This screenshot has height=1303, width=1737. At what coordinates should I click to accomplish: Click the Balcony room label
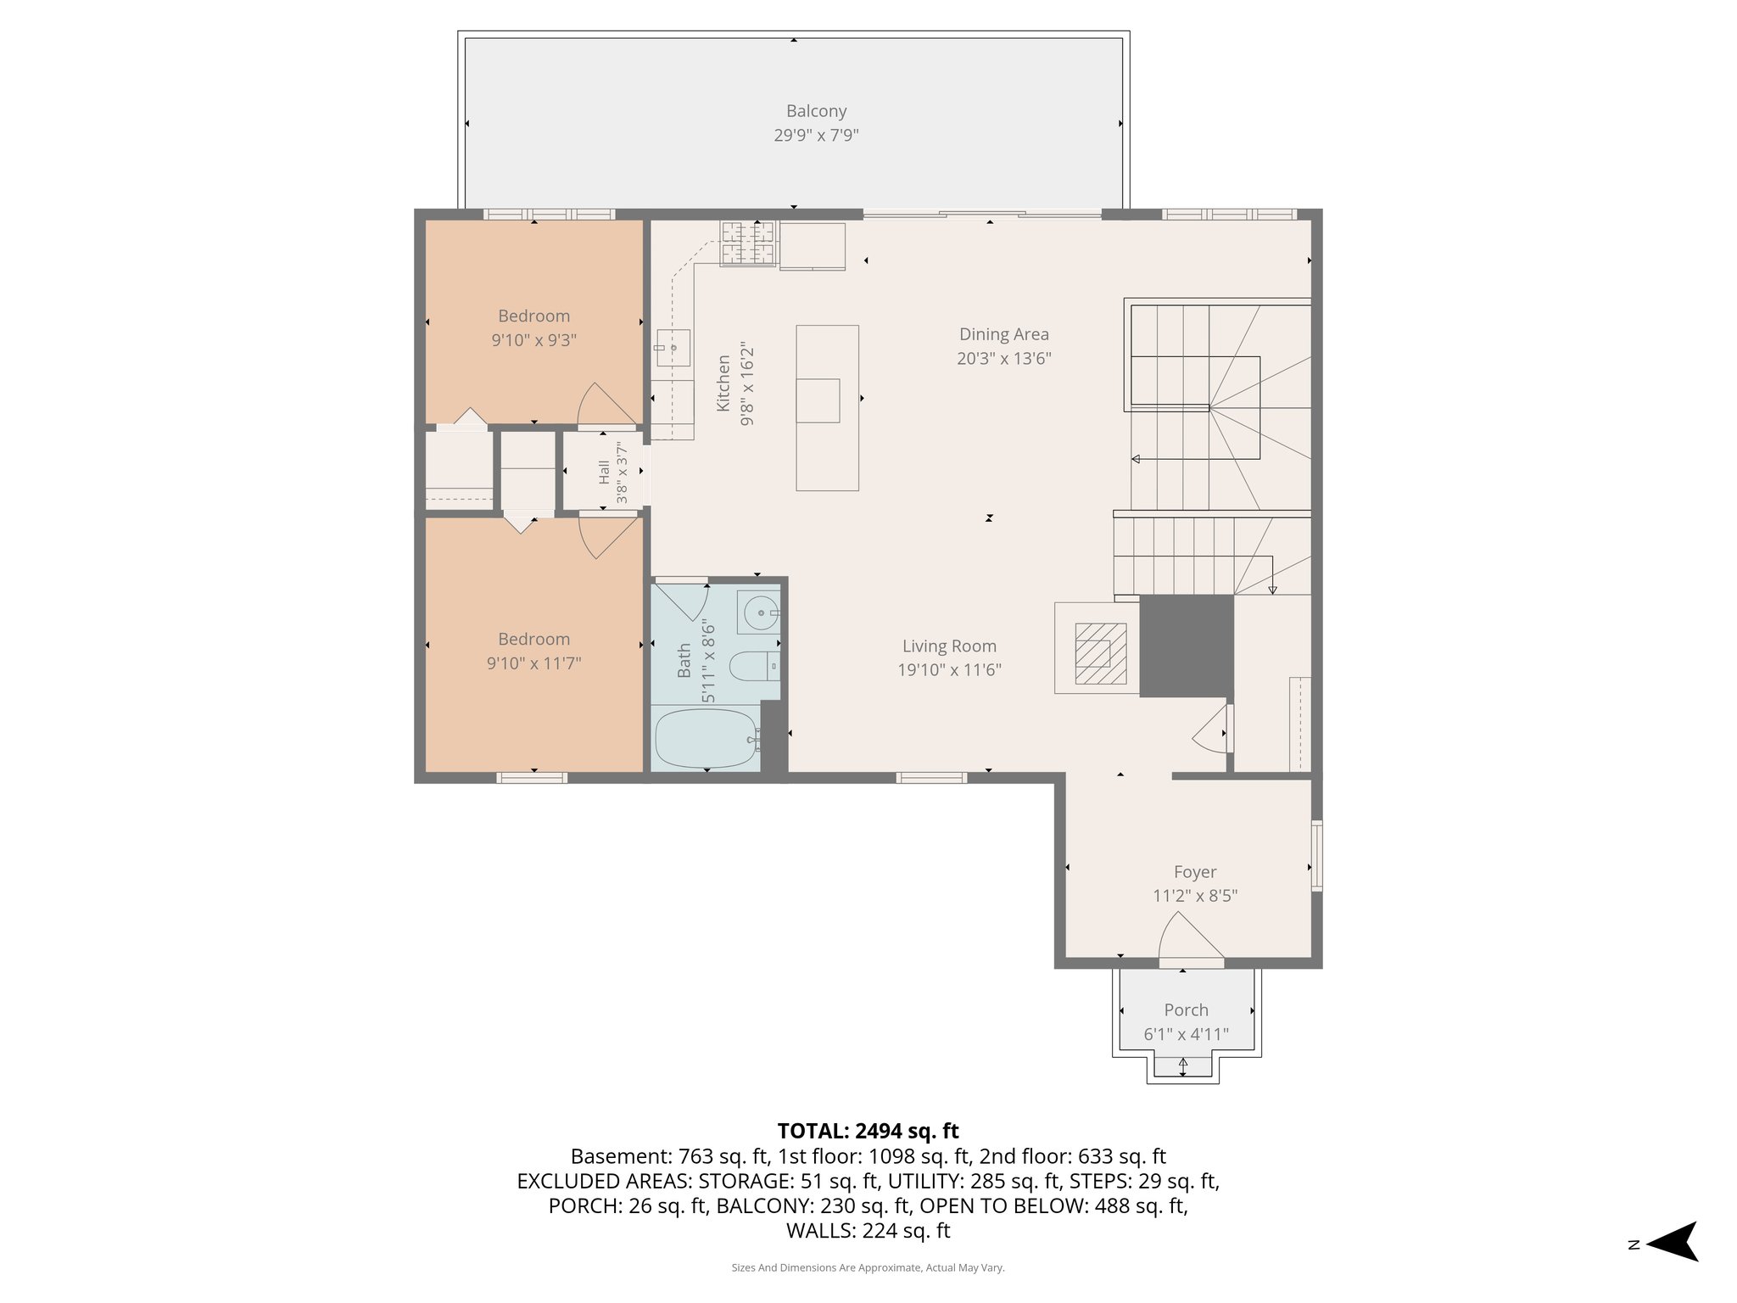816,111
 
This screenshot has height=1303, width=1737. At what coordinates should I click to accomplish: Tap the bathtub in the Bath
706,738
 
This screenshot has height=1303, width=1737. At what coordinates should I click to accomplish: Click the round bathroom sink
762,612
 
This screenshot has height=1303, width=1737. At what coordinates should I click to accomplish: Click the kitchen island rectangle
827,407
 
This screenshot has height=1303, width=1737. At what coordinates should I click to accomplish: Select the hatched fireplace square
1100,653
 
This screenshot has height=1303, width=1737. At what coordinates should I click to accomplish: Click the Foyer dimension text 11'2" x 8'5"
1194,896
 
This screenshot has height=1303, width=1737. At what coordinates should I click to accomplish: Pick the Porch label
1186,1009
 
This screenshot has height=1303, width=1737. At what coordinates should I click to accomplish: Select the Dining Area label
1003,334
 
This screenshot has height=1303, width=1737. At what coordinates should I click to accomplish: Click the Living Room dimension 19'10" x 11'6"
949,670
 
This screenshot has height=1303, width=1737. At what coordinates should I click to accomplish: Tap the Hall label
604,472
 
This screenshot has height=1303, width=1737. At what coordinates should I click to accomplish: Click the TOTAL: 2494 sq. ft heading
868,1131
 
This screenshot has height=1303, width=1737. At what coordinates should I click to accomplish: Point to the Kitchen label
723,383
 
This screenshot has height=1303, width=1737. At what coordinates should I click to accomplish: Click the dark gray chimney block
1186,646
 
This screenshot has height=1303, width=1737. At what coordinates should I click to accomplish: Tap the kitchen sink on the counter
673,348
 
